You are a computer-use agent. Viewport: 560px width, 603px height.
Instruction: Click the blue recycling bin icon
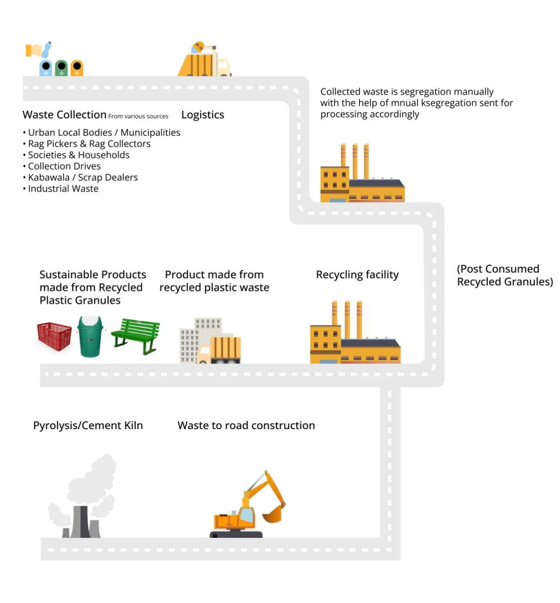[x=46, y=68]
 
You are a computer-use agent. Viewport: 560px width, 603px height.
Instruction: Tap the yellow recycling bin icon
[x=77, y=68]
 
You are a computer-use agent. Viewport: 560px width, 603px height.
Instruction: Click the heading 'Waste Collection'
[x=64, y=115]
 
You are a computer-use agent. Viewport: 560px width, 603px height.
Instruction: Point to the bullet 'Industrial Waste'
[x=63, y=189]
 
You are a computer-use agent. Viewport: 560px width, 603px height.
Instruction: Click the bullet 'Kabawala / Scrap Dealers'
[x=82, y=177]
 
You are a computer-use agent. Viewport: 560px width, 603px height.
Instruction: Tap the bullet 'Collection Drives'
[x=64, y=166]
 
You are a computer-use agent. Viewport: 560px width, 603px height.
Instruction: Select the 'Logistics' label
[x=203, y=115]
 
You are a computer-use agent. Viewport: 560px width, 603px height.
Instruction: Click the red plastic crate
[x=54, y=337]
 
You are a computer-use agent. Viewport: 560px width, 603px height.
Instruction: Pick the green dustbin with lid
[x=90, y=336]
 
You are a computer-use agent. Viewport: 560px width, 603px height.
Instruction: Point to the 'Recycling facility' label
[x=357, y=275]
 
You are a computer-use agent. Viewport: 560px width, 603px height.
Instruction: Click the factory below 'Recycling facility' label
[x=355, y=335]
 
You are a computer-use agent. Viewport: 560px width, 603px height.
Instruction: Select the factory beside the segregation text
[x=362, y=175]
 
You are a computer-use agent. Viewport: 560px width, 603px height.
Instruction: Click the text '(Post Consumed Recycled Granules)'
[x=505, y=275]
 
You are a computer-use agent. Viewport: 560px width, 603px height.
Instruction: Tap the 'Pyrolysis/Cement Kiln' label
[x=88, y=425]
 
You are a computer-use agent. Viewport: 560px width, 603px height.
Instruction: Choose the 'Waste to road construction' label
[x=246, y=425]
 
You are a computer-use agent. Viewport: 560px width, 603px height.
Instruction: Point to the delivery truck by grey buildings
[x=219, y=350]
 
